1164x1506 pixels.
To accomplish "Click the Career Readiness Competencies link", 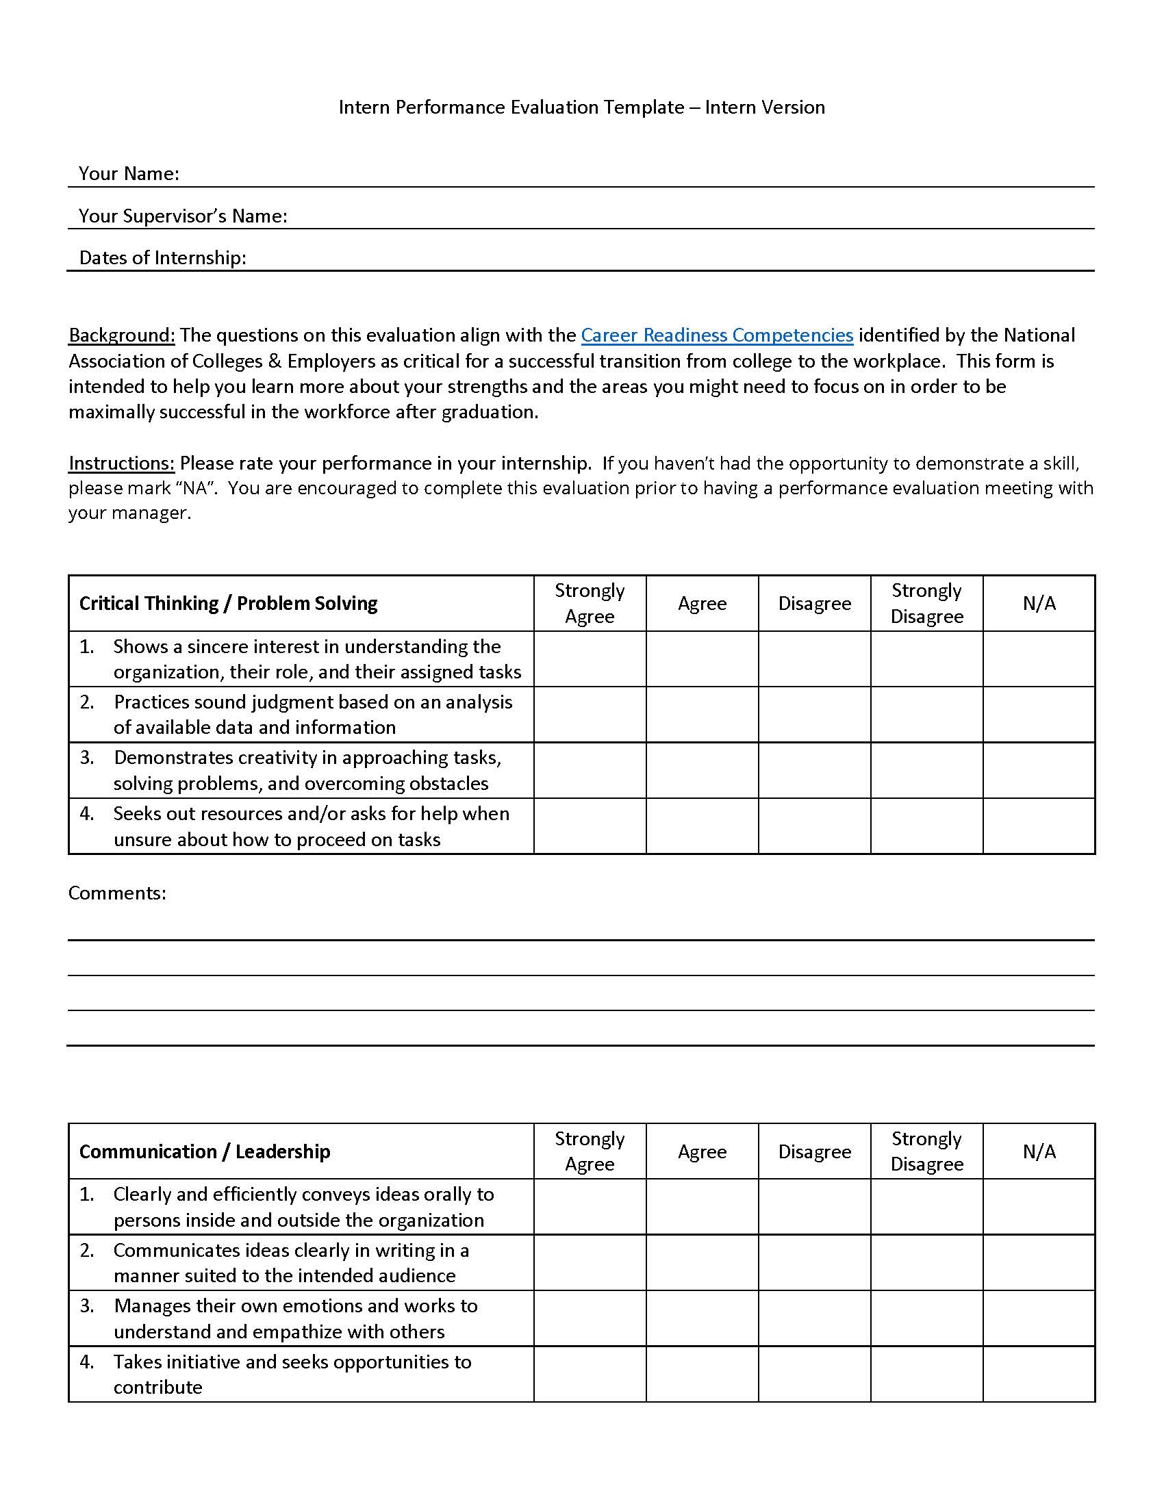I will click(x=716, y=335).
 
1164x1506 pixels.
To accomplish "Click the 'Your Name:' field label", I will click(x=129, y=174).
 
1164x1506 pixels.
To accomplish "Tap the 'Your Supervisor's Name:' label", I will click(x=183, y=216).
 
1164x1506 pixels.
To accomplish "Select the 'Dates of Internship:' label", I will click(x=163, y=258).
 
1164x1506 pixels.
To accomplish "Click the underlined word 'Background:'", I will click(x=121, y=335).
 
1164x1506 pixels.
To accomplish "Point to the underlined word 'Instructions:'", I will click(x=121, y=463).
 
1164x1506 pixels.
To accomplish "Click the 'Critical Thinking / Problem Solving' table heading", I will click(x=228, y=603).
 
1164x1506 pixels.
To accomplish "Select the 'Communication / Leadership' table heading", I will click(x=205, y=1151).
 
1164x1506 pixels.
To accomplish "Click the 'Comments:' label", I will click(x=117, y=893).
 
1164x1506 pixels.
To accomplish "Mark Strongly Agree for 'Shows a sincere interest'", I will click(x=590, y=659).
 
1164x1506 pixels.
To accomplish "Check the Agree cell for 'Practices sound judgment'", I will click(x=702, y=715).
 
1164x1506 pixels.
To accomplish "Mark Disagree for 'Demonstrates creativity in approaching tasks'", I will click(x=814, y=770).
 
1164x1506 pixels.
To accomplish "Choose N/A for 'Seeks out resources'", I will click(x=1039, y=826).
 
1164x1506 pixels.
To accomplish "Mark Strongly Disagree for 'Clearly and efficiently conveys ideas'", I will click(x=927, y=1207).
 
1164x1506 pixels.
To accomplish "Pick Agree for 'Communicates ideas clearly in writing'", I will click(x=702, y=1262).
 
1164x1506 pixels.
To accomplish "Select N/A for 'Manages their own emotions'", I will click(x=1039, y=1318).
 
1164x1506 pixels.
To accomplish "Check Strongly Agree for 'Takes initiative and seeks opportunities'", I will click(x=590, y=1375).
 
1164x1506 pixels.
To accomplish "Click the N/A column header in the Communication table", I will click(x=1039, y=1151).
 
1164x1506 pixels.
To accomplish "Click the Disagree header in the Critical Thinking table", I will click(x=814, y=603).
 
